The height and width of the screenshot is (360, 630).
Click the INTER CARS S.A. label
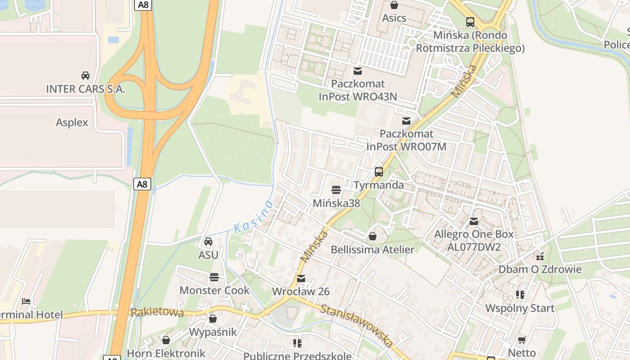(x=85, y=89)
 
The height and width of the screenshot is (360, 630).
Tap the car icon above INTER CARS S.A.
(x=85, y=75)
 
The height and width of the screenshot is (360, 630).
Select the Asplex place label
(x=72, y=122)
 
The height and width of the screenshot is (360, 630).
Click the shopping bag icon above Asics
(x=394, y=5)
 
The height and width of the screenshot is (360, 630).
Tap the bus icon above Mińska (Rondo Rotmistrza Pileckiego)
(x=470, y=22)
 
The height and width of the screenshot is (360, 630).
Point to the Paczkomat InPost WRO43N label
(x=358, y=90)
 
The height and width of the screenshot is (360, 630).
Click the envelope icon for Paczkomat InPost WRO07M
(x=406, y=121)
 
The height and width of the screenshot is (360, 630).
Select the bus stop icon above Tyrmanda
(x=379, y=172)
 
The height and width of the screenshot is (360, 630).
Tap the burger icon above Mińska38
(x=336, y=190)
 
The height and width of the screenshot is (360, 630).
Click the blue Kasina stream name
(x=254, y=216)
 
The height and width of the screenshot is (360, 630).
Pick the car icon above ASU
(x=208, y=242)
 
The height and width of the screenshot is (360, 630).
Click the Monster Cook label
(x=214, y=290)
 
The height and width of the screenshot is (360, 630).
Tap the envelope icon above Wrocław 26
(x=301, y=279)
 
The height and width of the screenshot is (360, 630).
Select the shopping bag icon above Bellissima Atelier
(x=373, y=236)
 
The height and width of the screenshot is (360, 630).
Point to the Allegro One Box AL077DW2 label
(x=473, y=240)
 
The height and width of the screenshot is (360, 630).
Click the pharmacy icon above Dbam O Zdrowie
(x=540, y=256)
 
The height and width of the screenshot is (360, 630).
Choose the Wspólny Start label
(x=520, y=308)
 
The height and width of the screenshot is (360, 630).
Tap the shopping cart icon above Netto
(x=522, y=340)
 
